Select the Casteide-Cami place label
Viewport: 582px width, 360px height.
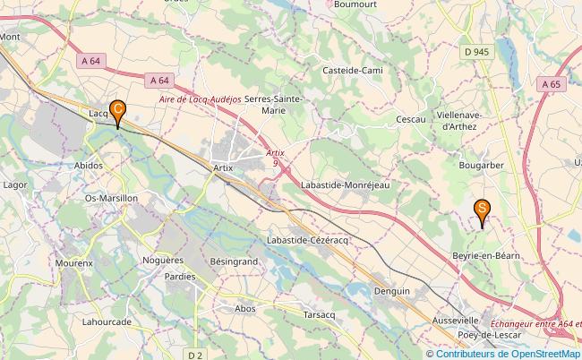pos(354,69)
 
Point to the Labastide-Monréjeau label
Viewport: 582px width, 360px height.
pos(348,184)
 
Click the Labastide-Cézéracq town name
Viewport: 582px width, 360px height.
pos(312,241)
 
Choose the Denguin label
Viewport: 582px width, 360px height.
pos(393,291)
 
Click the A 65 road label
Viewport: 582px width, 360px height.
pos(551,83)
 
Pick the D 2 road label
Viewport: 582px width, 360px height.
pos(194,355)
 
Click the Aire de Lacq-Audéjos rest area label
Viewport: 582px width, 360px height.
pos(201,99)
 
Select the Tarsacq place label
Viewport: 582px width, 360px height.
pos(319,315)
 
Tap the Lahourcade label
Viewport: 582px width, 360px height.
pos(107,321)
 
